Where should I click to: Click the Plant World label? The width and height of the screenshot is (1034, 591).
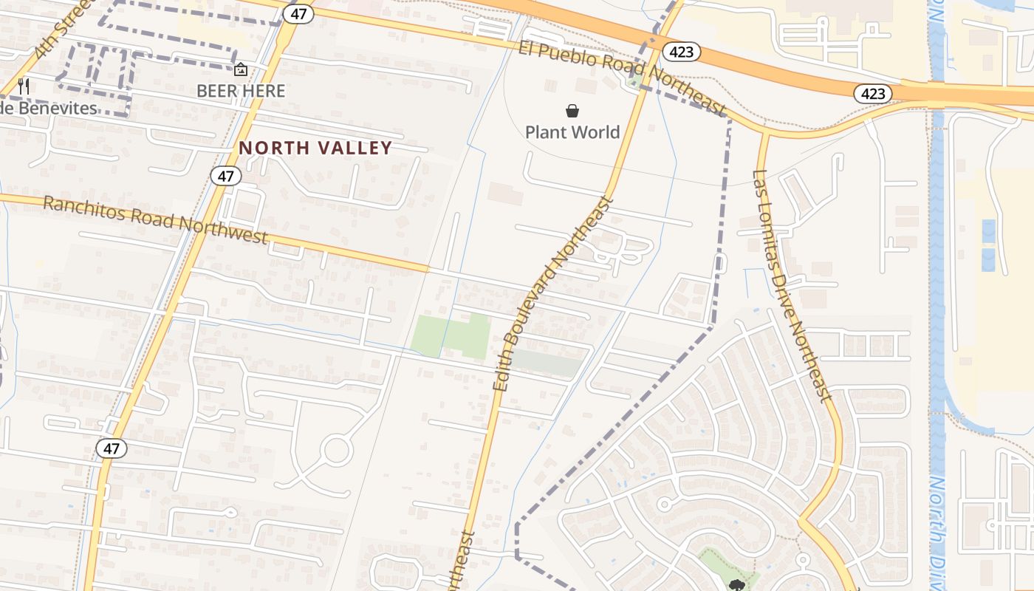(x=572, y=132)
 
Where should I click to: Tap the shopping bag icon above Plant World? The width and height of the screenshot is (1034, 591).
(x=572, y=111)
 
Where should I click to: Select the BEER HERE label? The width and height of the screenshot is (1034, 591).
(x=241, y=91)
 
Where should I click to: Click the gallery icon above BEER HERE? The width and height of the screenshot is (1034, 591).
(x=241, y=70)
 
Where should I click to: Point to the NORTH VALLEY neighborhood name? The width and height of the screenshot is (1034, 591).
(x=315, y=148)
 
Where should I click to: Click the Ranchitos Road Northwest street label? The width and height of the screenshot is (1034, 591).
(x=155, y=219)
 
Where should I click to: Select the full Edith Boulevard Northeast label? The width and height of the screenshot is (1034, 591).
(x=554, y=293)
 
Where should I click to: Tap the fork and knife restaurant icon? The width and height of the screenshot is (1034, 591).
(x=24, y=86)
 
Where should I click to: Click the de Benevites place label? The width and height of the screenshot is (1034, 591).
(x=49, y=108)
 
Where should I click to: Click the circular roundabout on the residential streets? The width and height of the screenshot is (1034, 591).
(x=337, y=450)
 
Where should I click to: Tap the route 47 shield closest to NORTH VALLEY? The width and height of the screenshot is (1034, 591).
(x=225, y=176)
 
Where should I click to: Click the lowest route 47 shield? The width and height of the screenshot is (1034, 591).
(x=111, y=448)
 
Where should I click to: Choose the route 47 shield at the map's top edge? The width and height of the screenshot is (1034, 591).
(x=298, y=14)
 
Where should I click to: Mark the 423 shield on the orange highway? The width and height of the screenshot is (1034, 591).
(x=873, y=94)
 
